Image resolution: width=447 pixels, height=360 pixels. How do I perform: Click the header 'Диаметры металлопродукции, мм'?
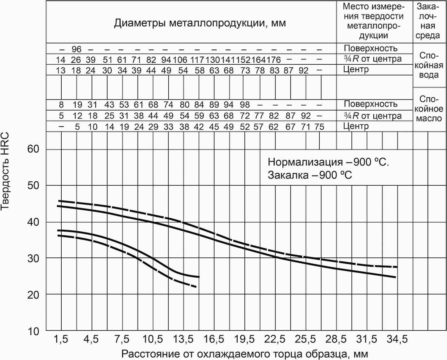(x=200, y=23)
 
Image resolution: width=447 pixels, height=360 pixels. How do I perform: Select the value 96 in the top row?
(x=76, y=49)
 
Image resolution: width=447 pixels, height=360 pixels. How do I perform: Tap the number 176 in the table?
(x=273, y=60)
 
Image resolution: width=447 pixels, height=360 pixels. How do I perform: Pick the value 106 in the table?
(x=180, y=60)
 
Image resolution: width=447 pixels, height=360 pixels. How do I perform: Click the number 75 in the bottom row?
(x=319, y=127)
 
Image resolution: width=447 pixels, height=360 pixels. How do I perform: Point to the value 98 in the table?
(x=245, y=105)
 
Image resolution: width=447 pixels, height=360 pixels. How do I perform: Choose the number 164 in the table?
(x=259, y=60)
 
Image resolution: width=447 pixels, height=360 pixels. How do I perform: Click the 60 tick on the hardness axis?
(x=33, y=149)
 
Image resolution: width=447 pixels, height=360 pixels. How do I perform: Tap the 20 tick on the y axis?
(x=33, y=295)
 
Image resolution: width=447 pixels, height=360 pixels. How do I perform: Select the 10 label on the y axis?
(x=33, y=331)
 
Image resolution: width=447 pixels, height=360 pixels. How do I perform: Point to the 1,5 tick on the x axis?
(x=61, y=340)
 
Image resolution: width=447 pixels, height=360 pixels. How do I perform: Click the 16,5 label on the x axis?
(x=214, y=340)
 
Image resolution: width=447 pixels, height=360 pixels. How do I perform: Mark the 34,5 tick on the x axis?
(x=397, y=340)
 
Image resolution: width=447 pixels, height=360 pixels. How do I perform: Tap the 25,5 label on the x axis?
(x=306, y=340)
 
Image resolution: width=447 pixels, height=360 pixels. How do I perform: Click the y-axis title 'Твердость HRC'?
(x=5, y=172)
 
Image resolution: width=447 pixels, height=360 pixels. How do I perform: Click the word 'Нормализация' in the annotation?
(x=305, y=162)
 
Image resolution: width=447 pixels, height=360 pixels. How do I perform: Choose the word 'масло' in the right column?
(x=429, y=119)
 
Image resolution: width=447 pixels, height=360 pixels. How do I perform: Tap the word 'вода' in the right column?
(x=429, y=75)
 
